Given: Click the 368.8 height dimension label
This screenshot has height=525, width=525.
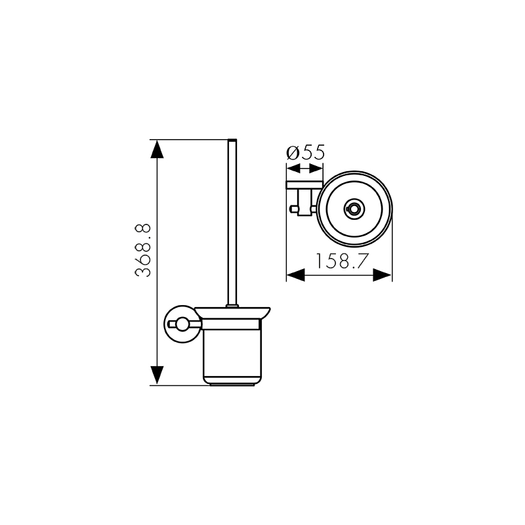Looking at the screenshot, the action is pos(143,250).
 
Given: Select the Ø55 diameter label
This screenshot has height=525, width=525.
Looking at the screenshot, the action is pos(305,152).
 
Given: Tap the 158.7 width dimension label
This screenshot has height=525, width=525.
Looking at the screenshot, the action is pos(342,261).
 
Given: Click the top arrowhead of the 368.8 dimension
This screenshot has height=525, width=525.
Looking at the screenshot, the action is pos(157,149).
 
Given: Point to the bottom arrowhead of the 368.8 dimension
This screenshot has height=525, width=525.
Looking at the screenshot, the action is pos(157,375).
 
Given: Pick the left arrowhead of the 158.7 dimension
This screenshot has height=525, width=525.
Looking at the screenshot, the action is pos(296,275).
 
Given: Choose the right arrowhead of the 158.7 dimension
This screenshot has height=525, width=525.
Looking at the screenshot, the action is pos(382,275).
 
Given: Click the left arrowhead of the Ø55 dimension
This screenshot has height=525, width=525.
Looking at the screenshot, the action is pos(293,169).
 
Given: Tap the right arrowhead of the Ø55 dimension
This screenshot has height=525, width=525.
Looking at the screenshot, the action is pos(316,169).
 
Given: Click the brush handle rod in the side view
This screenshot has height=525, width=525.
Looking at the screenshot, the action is pos(232,222).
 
